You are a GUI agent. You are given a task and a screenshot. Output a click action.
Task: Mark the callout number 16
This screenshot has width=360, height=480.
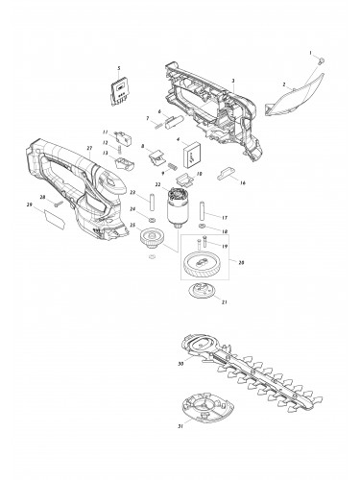point(243,181)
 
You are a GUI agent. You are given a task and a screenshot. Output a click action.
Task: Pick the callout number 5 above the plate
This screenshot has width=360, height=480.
point(119,69)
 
